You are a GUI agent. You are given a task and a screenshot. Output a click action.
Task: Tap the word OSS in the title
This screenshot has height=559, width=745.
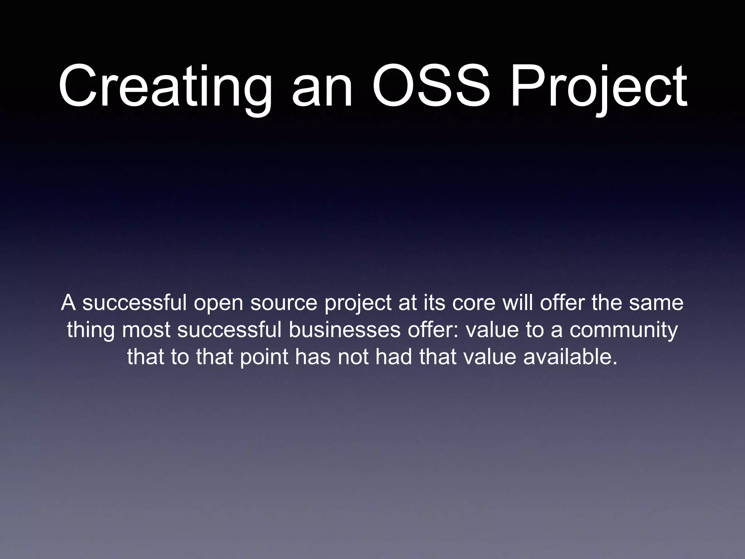pos(431,87)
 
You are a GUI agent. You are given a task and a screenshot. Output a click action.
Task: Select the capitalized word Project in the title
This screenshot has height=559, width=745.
pos(598,87)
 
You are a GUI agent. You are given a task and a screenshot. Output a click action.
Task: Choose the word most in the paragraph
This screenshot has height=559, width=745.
pos(146,330)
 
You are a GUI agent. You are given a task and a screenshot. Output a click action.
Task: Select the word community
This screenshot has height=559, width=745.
pos(624,330)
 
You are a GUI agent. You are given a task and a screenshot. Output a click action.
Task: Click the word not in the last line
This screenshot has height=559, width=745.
pos(353,357)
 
